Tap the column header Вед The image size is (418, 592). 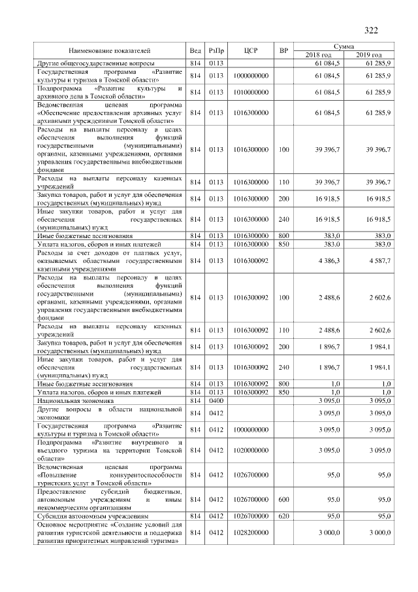pos(195,50)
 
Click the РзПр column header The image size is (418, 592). pos(216,50)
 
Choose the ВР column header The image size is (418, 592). pos(283,50)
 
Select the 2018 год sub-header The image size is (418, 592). pos(319,54)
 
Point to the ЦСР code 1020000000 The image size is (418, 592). pos(251,451)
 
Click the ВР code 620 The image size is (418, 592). pos(283,515)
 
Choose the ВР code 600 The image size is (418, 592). pos(283,498)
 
